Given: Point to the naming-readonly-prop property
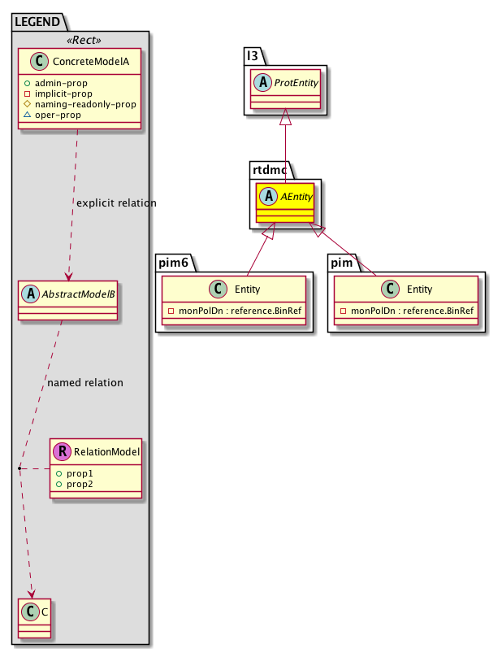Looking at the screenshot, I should click(92, 104).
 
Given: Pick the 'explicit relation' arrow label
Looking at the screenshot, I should click(115, 202).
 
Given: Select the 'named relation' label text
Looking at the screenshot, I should click(86, 382).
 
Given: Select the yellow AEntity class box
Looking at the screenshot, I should click(285, 202).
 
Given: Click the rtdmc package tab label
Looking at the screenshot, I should click(270, 170).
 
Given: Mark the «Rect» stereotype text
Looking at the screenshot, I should click(80, 39).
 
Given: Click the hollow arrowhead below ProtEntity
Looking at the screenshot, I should click(285, 118).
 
